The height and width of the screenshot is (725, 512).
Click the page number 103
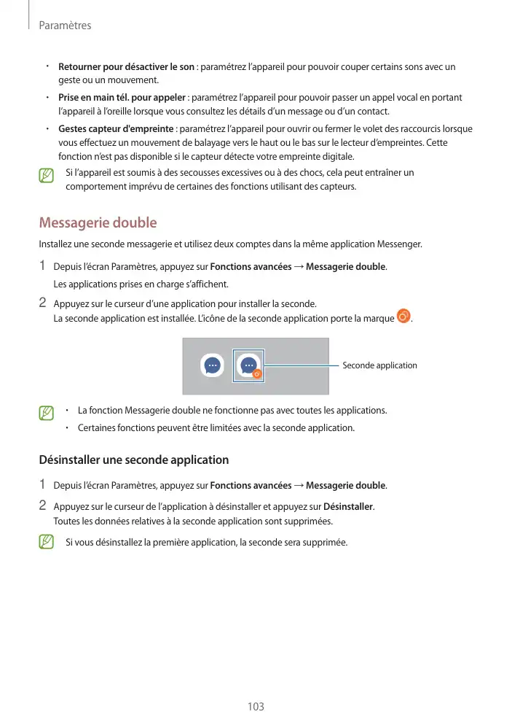click(x=255, y=707)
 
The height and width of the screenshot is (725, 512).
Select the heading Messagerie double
click(x=98, y=222)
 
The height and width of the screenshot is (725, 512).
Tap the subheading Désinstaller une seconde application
click(x=133, y=460)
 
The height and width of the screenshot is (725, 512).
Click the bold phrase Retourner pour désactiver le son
click(x=126, y=67)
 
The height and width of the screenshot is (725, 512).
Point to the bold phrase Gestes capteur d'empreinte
click(x=117, y=129)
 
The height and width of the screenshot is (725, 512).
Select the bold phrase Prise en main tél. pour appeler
click(x=122, y=98)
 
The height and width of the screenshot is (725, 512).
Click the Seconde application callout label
click(x=379, y=365)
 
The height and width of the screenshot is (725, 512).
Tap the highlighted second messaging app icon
click(x=249, y=365)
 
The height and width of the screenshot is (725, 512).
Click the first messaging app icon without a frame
click(x=212, y=365)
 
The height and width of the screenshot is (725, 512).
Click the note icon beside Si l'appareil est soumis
click(x=47, y=177)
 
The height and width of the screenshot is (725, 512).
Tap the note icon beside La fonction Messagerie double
click(x=47, y=414)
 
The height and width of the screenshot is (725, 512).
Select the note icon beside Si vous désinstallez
click(x=47, y=542)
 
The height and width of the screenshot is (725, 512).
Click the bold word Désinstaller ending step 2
click(x=347, y=506)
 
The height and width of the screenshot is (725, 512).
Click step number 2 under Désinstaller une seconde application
click(x=42, y=505)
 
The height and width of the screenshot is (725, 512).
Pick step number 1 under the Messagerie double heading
click(x=42, y=265)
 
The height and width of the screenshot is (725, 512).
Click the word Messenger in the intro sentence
click(x=400, y=244)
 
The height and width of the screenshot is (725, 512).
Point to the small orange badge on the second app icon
click(x=256, y=374)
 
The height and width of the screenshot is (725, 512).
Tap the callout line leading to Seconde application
click(x=302, y=365)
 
